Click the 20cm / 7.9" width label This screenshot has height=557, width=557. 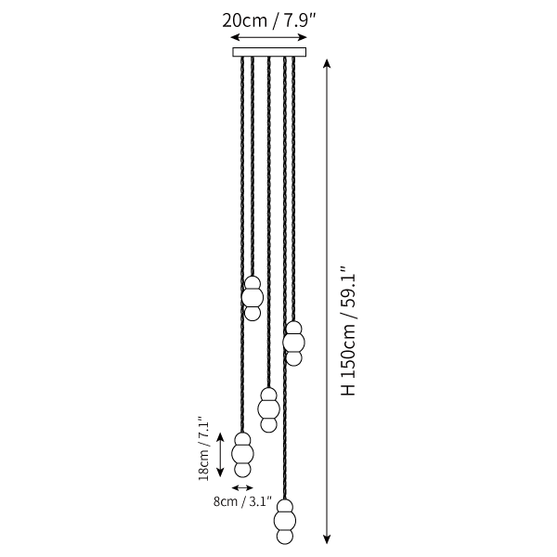269,20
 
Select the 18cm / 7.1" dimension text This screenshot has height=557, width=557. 203,448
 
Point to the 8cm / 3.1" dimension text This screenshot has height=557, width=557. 242,501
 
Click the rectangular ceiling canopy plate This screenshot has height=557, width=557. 269,52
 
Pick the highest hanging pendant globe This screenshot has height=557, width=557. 253,298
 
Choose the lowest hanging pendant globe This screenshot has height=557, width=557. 285,522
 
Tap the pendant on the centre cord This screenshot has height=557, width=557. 268,409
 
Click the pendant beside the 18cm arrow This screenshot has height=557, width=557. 242,454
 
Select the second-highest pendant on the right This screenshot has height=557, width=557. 293,343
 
